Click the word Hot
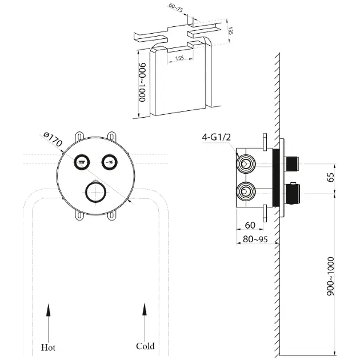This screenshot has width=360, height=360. (49, 346)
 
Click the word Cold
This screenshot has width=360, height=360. (145, 346)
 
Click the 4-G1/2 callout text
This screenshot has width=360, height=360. (215, 137)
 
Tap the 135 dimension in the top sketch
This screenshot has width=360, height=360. (230, 30)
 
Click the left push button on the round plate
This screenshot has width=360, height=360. (82, 162)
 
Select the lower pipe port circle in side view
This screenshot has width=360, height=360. (246, 192)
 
